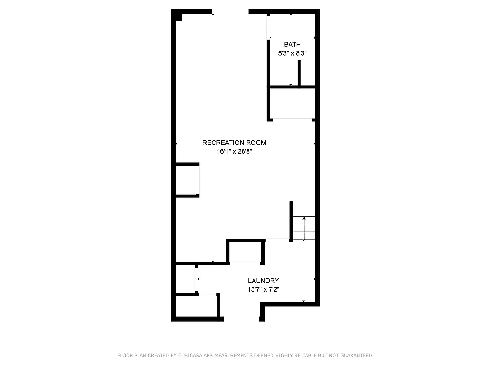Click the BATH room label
coord(292,45)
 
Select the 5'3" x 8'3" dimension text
coord(292,53)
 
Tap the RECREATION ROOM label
coord(234,143)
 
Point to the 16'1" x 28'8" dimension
coord(234,151)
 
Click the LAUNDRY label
coord(263,281)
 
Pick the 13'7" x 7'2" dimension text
coord(263,289)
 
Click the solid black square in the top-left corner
coord(178,17)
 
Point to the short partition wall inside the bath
coord(299,73)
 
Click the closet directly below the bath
coord(292,103)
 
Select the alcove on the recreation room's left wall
coord(187,180)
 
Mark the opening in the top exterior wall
coord(230,11)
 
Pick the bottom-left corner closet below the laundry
coord(196,306)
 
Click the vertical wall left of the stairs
coord(291,221)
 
